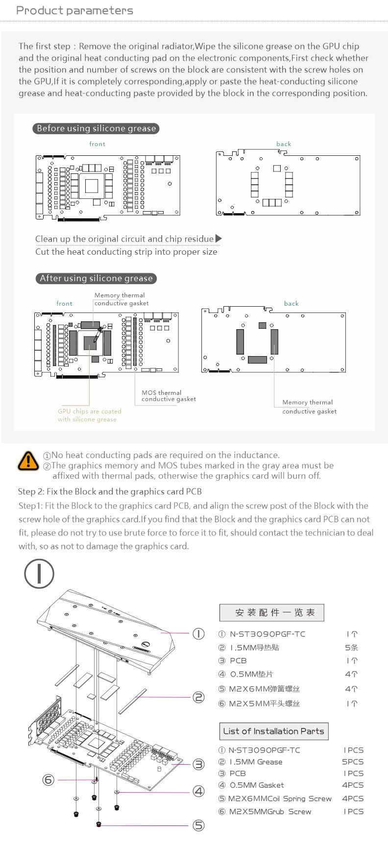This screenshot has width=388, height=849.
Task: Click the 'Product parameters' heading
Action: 74,11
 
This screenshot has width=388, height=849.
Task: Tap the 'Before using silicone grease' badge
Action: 96,128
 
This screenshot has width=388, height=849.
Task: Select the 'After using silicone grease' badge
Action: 96,278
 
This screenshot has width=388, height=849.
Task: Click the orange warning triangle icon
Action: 28,461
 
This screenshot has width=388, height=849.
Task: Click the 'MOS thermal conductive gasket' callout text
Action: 169,396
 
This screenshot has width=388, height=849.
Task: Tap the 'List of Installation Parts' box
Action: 273,731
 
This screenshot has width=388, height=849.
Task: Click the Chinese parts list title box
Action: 271,612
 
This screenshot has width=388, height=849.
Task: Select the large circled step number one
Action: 39,574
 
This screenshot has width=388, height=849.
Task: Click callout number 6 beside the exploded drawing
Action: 48,779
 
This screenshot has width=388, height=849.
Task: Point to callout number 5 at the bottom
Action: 198,825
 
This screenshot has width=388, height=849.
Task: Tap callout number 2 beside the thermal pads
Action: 198,697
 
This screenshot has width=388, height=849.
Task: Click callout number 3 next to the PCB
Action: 198,764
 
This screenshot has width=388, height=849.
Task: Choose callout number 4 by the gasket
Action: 198,791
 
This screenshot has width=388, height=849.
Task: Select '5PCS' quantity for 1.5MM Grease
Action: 353,762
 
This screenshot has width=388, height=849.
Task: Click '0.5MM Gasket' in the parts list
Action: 257,785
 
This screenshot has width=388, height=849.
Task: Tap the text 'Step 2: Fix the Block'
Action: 110,491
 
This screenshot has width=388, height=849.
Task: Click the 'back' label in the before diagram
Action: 284,144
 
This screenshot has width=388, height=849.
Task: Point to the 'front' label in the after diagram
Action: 64,304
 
